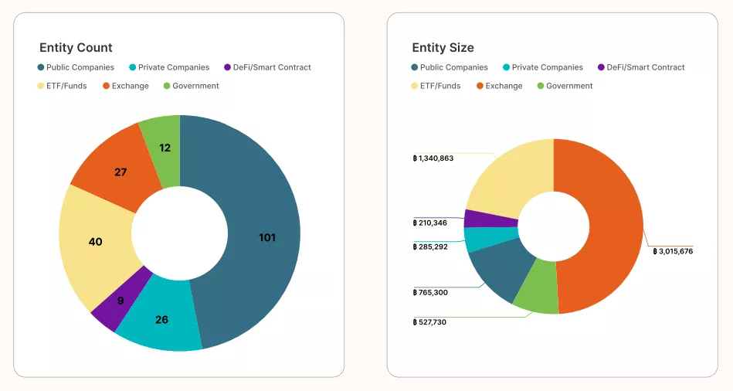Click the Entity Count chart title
point(76,48)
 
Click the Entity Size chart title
point(443,48)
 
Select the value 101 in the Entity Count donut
point(267,237)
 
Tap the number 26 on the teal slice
point(161,319)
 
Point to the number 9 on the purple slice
point(120,301)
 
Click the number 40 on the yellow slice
point(95,242)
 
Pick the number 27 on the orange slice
point(120,172)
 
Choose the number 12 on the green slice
point(165,148)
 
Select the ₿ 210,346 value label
point(430,223)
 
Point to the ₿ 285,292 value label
point(430,246)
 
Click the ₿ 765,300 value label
point(430,292)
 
